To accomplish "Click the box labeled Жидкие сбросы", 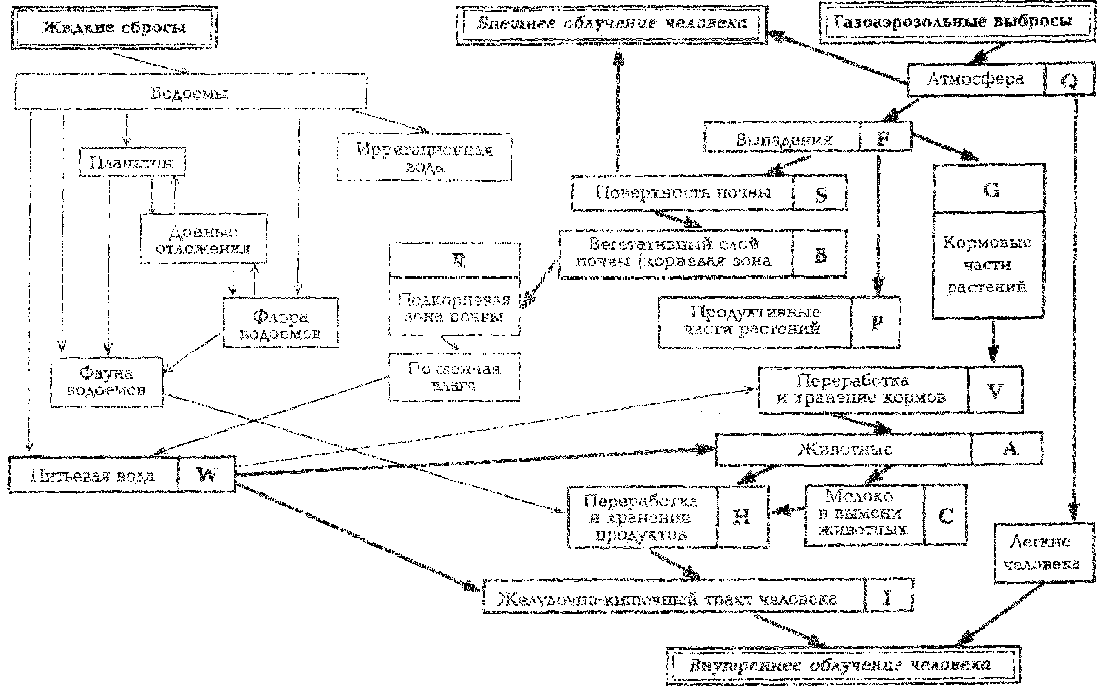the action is [x=114, y=28].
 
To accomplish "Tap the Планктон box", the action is [x=132, y=162].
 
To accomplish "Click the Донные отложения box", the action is [x=204, y=239].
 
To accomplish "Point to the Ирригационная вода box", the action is [x=425, y=157].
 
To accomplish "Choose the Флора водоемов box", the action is [x=281, y=323].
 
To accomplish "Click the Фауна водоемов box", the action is [x=107, y=382].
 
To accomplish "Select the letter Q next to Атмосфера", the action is [x=1069, y=81].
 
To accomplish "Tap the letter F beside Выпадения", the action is [x=882, y=137].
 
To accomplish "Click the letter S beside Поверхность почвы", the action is [x=821, y=194].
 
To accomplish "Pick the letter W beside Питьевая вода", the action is [x=207, y=474].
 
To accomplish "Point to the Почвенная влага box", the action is [x=454, y=377].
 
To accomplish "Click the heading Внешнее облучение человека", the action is [x=612, y=24].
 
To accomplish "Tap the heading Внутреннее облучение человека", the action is [x=841, y=666].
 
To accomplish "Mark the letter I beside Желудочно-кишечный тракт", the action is [x=888, y=597].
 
